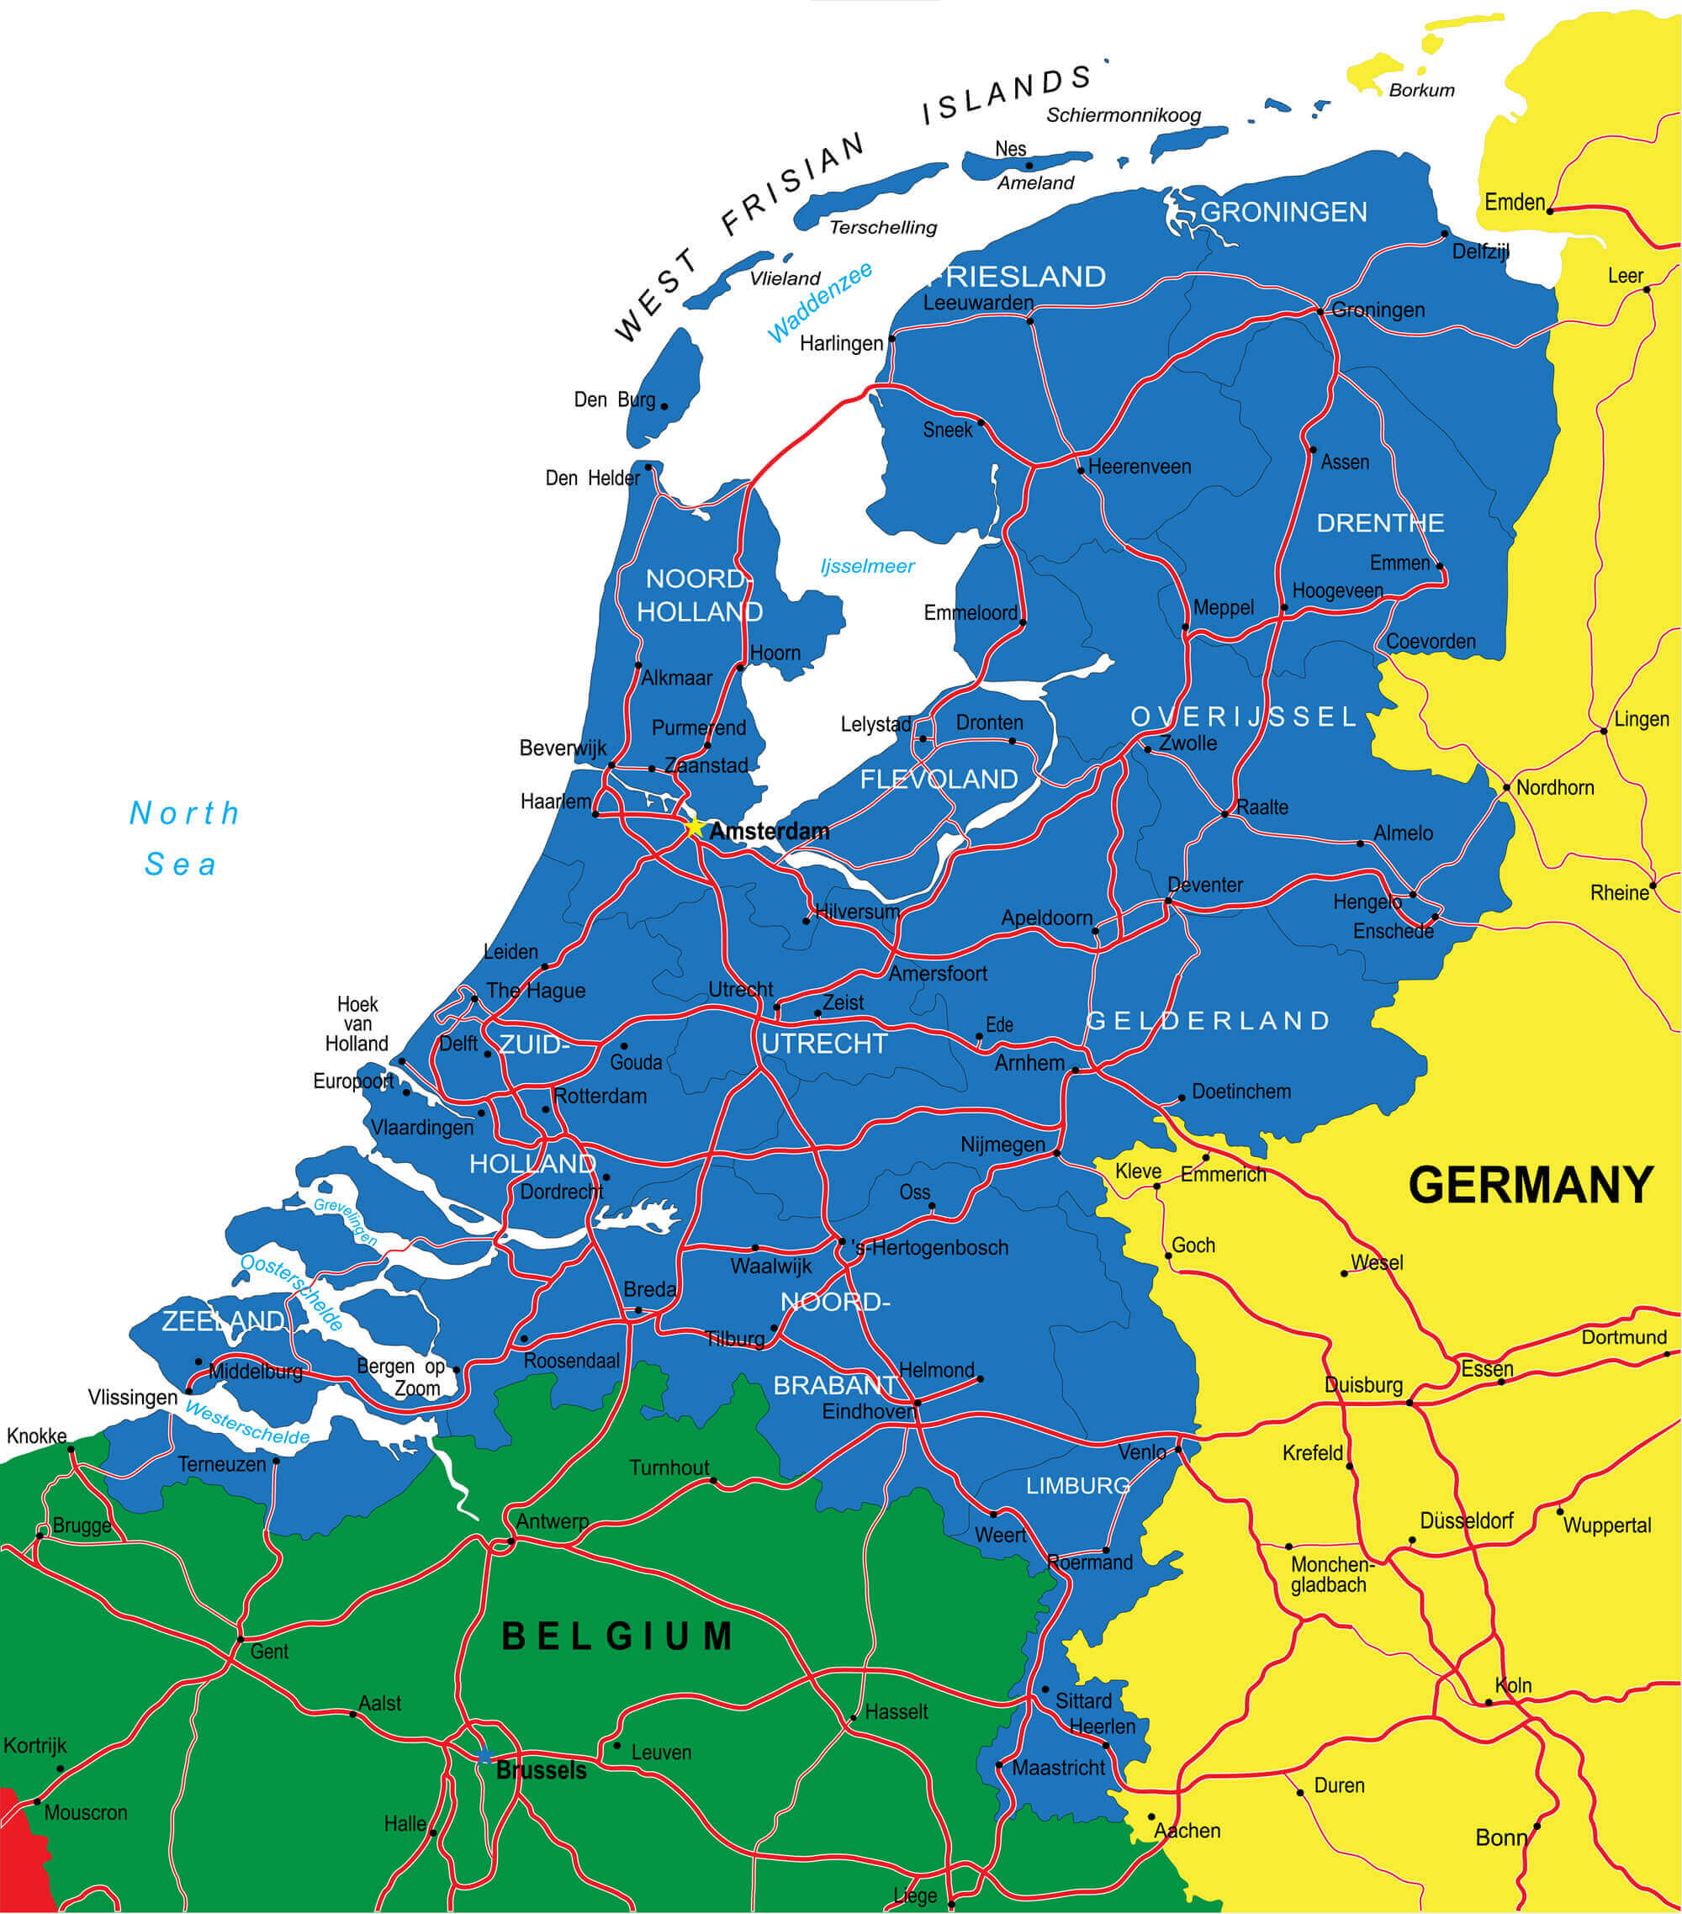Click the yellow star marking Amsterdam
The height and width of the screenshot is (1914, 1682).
[694, 827]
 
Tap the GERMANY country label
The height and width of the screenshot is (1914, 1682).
[1531, 1185]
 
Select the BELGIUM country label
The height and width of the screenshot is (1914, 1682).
[618, 1636]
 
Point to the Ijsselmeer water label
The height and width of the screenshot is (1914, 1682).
[867, 566]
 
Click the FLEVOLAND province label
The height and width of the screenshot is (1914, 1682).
[939, 779]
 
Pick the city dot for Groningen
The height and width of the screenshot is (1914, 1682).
[1320, 311]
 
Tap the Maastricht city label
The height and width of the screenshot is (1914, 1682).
[1058, 1768]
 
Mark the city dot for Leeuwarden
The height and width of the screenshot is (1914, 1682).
[1030, 321]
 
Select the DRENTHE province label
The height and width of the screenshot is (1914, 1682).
[1379, 522]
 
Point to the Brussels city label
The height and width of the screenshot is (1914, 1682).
[542, 1770]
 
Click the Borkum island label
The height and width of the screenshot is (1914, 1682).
[1420, 90]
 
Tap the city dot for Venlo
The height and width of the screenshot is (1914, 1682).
[1179, 1450]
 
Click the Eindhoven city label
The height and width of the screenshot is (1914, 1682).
[867, 1411]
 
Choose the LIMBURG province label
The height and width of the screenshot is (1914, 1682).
[1077, 1486]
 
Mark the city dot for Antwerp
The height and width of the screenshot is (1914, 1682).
[511, 1541]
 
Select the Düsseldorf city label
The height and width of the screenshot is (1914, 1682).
[1466, 1520]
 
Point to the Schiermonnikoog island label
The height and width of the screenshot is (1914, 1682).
[1123, 115]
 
